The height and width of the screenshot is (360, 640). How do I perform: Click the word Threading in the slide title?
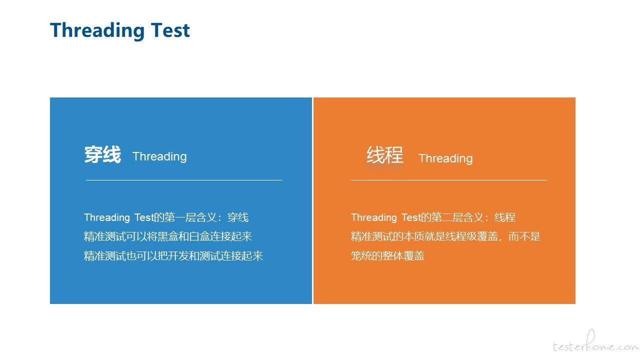pyautogui.click(x=97, y=31)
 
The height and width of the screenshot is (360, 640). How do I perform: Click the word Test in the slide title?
pyautogui.click(x=170, y=30)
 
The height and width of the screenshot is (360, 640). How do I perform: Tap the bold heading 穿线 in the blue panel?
pyautogui.click(x=102, y=154)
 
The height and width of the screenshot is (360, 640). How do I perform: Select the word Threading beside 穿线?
pyautogui.click(x=159, y=156)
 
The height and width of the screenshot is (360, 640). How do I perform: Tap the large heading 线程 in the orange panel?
pyautogui.click(x=385, y=154)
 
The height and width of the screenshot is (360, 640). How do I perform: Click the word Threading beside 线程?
pyautogui.click(x=445, y=158)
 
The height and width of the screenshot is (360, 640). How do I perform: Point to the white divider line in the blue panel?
pyautogui.click(x=184, y=180)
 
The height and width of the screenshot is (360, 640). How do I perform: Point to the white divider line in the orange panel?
pyautogui.click(x=449, y=180)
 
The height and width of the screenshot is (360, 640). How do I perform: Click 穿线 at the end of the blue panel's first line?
pyautogui.click(x=238, y=217)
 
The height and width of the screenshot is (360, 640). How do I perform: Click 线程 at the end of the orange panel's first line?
pyautogui.click(x=505, y=217)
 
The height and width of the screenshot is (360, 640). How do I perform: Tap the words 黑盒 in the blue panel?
pyautogui.click(x=168, y=236)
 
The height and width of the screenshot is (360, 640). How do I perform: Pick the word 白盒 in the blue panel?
pyautogui.click(x=199, y=236)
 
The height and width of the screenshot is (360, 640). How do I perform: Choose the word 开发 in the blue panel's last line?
pyautogui.click(x=178, y=255)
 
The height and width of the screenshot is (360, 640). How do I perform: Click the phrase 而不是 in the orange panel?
pyautogui.click(x=524, y=236)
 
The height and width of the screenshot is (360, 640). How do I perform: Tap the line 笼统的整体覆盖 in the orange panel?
pyautogui.click(x=387, y=255)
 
